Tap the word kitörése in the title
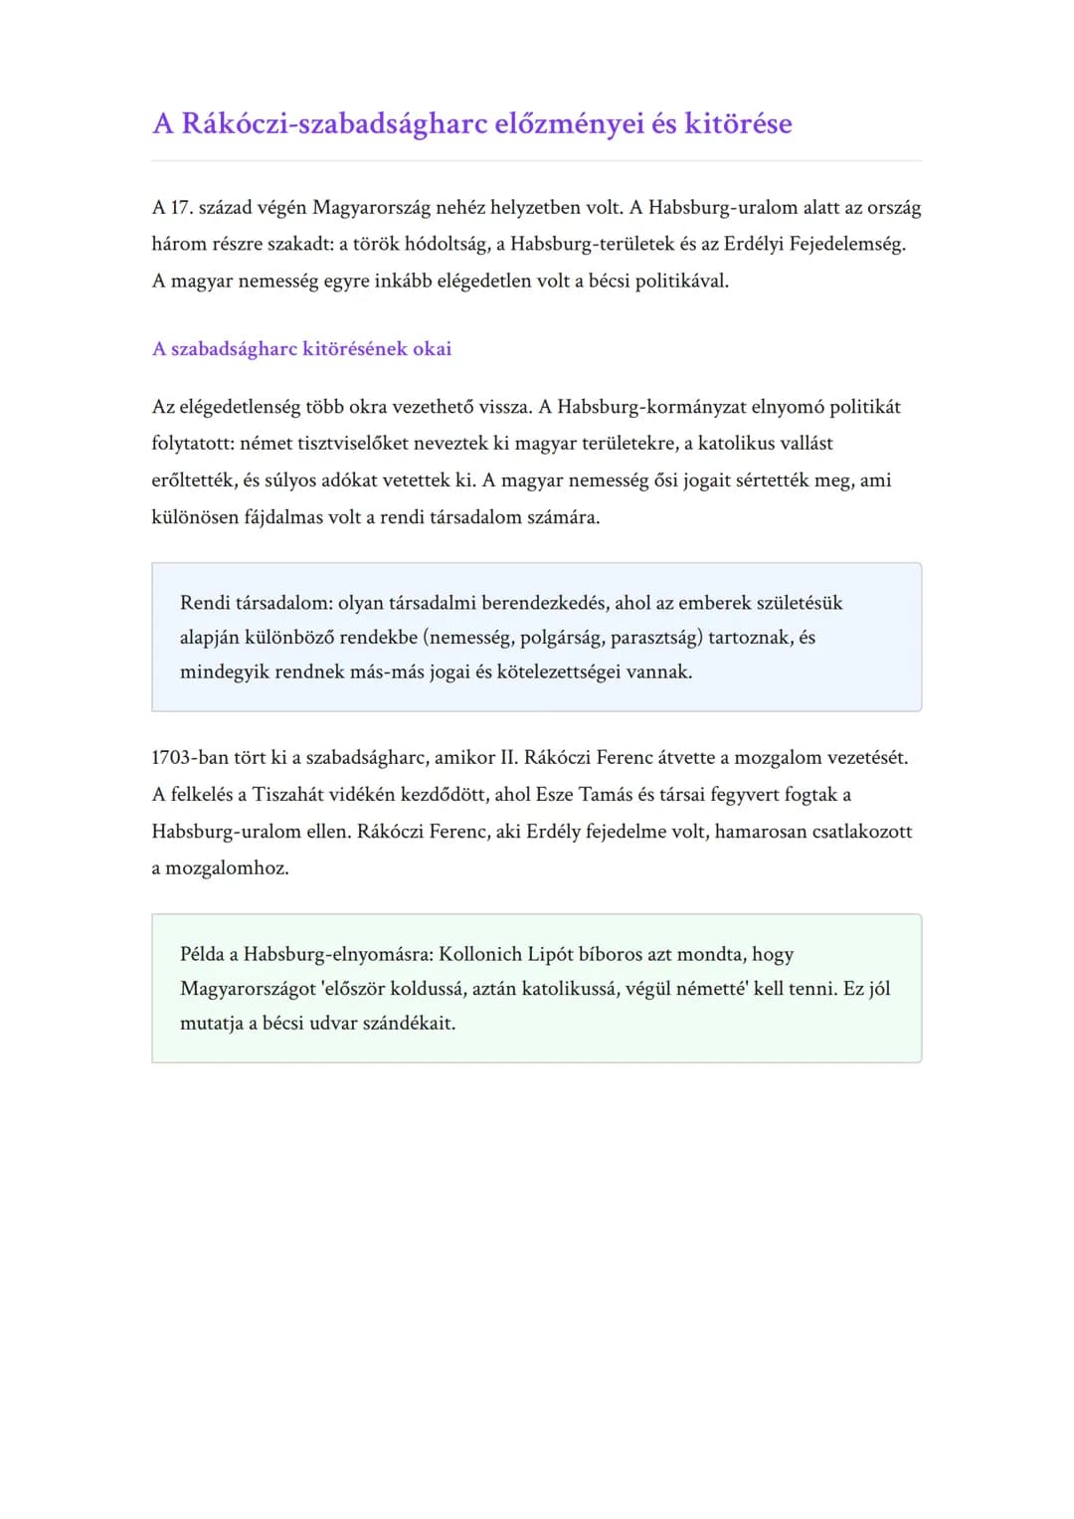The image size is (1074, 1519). point(738,124)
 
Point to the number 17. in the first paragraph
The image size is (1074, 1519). point(181,208)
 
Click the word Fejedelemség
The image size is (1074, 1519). point(847,245)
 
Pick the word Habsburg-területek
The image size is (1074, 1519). point(592,245)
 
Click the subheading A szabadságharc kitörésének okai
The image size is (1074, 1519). point(301,349)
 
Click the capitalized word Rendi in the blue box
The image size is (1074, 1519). point(205,603)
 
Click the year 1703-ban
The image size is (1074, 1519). point(189,758)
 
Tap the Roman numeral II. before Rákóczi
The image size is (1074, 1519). point(508,758)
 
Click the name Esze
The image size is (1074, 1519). point(554,795)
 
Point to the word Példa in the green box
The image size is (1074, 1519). point(202,955)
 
